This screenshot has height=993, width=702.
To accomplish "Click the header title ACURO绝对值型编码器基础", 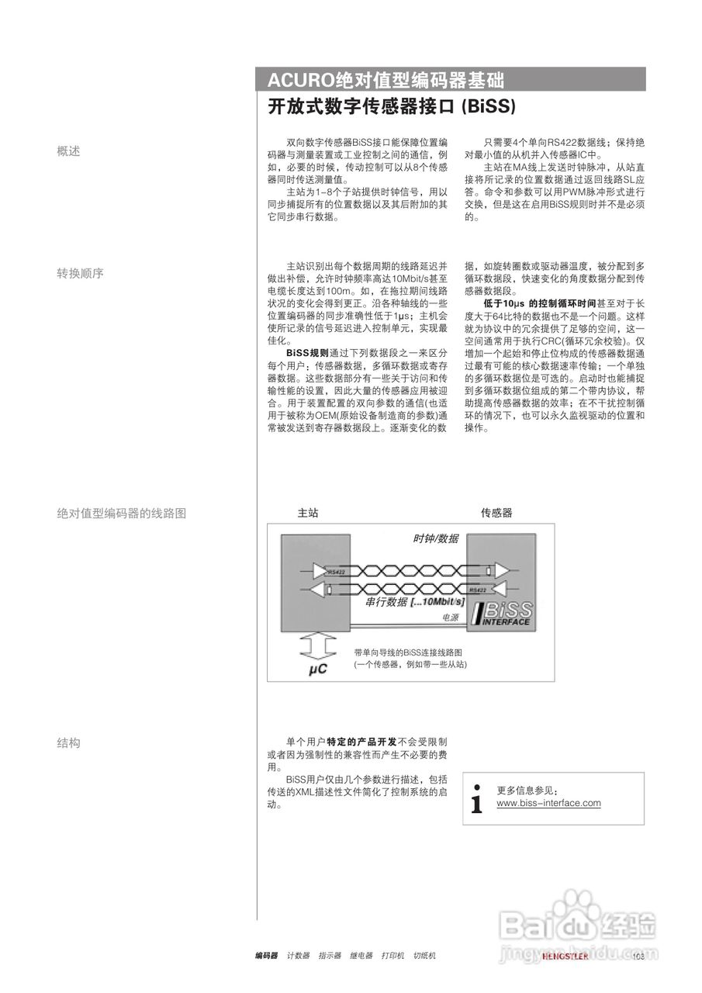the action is tap(386, 80).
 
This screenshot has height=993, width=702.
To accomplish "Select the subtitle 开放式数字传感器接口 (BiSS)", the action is tap(392, 107).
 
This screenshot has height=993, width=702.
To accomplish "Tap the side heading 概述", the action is tap(68, 151).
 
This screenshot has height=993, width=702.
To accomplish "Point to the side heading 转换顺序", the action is tap(80, 273).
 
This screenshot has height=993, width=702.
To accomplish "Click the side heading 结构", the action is tap(68, 742).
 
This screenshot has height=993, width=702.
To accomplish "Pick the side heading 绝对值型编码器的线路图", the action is tap(122, 513).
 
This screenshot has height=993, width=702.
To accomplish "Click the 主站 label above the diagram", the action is tap(308, 513).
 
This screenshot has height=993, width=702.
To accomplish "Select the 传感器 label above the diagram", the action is tap(496, 513).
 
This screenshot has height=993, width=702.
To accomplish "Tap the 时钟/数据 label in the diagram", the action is tap(435, 539).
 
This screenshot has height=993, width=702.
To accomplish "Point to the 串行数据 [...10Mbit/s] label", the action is tap(415, 601).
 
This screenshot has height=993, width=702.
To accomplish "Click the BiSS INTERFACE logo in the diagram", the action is tap(502, 613).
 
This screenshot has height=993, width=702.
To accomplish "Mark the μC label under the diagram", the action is tap(318, 668).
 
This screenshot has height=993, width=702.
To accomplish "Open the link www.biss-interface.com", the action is tap(548, 803).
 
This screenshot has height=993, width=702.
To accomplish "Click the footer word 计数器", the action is tap(298, 956).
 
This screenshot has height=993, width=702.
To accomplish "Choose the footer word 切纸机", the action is tap(424, 956).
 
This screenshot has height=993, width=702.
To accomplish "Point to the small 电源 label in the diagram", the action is tap(450, 618).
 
